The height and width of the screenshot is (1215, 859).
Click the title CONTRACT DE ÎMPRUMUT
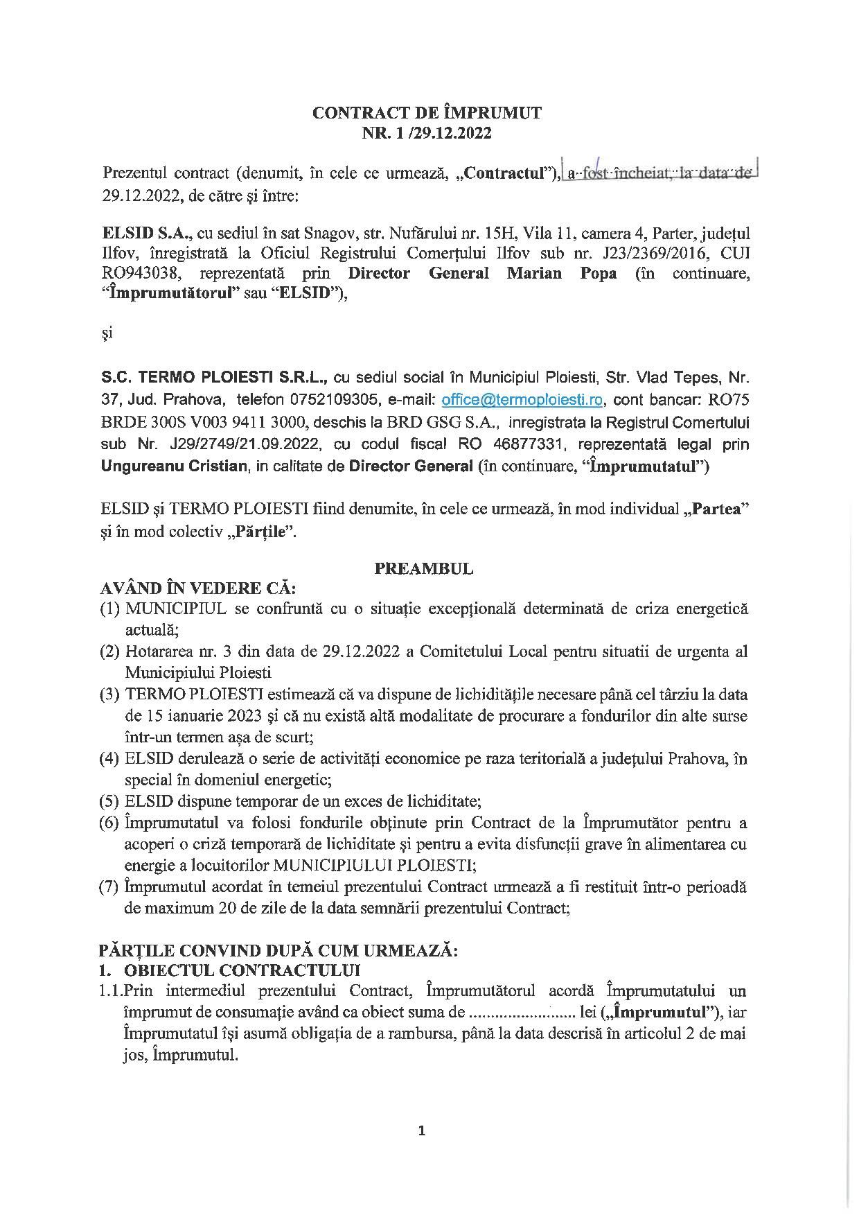427,113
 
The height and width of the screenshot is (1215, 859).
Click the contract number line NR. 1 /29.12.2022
427,133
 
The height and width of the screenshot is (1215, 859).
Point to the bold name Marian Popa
561,272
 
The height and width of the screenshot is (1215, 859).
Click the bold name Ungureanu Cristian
174,466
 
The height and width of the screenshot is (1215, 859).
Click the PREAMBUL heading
424,568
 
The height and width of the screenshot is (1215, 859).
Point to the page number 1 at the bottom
423,1131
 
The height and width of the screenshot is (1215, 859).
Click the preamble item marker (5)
110,801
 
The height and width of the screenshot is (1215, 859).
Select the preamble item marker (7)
110,886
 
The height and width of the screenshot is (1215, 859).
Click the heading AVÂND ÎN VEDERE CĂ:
198,589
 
